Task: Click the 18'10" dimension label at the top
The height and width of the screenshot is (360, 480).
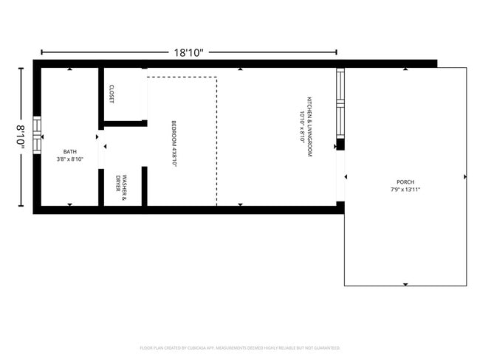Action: pyautogui.click(x=189, y=52)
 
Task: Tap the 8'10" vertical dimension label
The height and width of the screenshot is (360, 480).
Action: pyautogui.click(x=22, y=138)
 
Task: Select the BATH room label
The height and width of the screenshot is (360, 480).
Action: pyautogui.click(x=69, y=152)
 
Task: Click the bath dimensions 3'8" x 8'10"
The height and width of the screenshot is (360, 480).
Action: pyautogui.click(x=69, y=159)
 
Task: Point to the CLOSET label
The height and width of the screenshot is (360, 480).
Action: pyautogui.click(x=112, y=93)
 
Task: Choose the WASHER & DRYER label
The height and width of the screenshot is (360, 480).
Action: pyautogui.click(x=121, y=184)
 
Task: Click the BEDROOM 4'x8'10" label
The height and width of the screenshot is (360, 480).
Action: pyautogui.click(x=174, y=143)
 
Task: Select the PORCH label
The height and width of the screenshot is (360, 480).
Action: pyautogui.click(x=405, y=181)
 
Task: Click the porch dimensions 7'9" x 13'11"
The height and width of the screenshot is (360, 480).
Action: pyautogui.click(x=405, y=190)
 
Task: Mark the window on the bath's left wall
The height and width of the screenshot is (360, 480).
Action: pyautogui.click(x=36, y=138)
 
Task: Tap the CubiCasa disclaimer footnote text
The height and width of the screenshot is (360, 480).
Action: pyautogui.click(x=239, y=347)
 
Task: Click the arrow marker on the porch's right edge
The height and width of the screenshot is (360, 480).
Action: pyautogui.click(x=465, y=177)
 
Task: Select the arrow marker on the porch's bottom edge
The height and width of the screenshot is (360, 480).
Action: pyautogui.click(x=405, y=284)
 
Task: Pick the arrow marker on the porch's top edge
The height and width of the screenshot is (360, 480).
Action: pyautogui.click(x=405, y=69)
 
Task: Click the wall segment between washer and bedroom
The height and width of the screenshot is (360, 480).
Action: pyautogui.click(x=145, y=186)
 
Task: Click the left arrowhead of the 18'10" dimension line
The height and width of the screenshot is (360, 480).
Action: pyautogui.click(x=43, y=52)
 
